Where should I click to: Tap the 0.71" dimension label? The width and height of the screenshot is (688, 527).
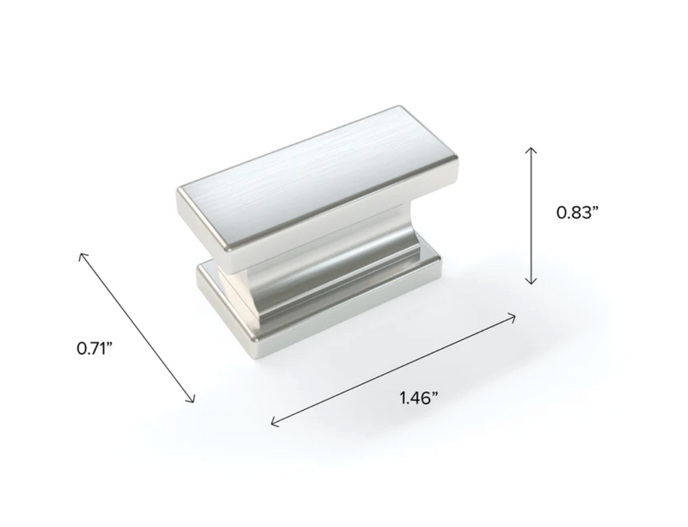tap(95, 350)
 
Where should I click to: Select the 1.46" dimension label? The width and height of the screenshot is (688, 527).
tap(419, 397)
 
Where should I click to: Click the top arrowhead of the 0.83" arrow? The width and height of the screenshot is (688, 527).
tap(532, 149)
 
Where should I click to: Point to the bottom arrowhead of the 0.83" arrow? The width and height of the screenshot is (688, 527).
tap(532, 282)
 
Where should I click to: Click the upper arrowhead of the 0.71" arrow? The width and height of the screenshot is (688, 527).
tap(82, 254)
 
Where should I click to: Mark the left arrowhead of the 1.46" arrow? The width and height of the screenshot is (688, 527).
tap(273, 423)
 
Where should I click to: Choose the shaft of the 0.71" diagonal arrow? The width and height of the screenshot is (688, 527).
tap(138, 327)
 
